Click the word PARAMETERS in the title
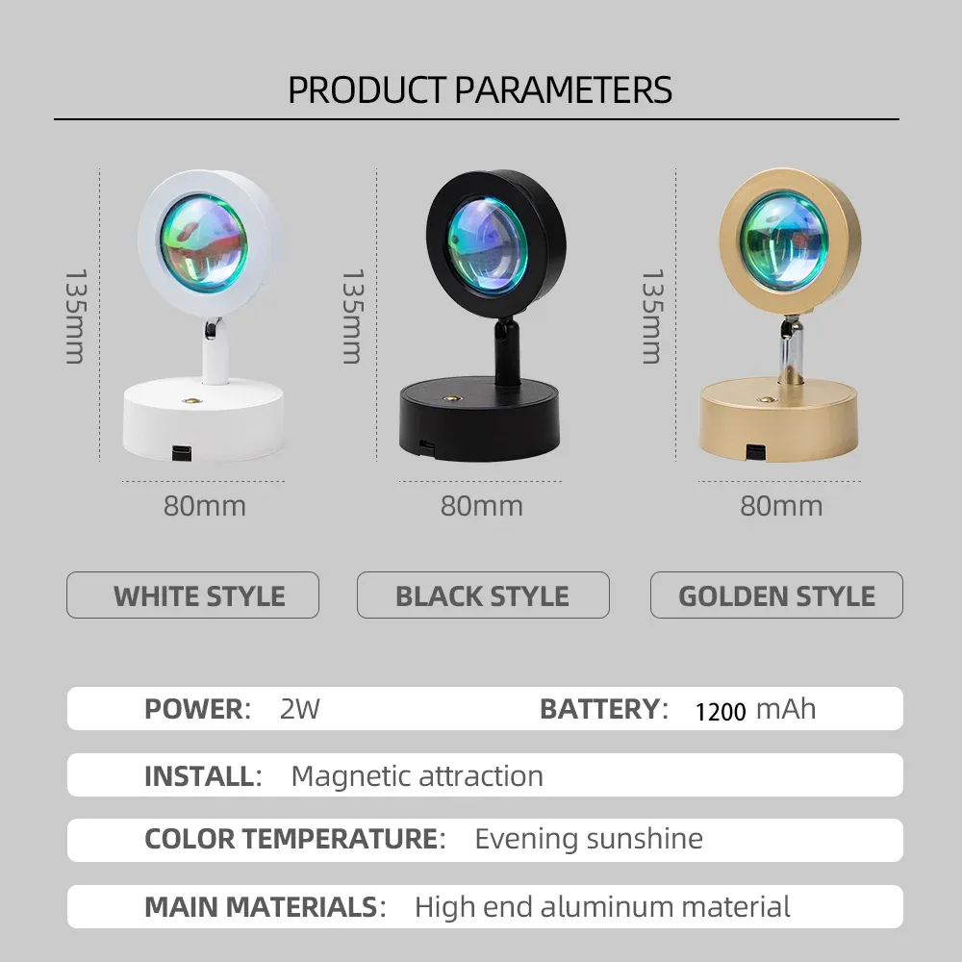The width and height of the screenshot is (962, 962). pyautogui.click(x=563, y=90)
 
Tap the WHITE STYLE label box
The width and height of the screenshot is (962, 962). pyautogui.click(x=192, y=595)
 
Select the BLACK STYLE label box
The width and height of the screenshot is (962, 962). pyautogui.click(x=483, y=595)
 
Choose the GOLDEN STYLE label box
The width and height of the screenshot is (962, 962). pyautogui.click(x=776, y=595)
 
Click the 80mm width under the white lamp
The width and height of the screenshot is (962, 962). pyautogui.click(x=205, y=506)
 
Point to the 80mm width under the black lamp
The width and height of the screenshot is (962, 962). pyautogui.click(x=482, y=506)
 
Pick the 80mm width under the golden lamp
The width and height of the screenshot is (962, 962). pyautogui.click(x=781, y=506)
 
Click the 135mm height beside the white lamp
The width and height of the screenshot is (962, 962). pyautogui.click(x=75, y=316)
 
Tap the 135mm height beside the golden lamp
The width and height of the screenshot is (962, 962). pyautogui.click(x=651, y=316)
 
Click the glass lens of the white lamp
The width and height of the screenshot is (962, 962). pyautogui.click(x=204, y=243)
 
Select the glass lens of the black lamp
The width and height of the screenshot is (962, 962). pyautogui.click(x=487, y=244)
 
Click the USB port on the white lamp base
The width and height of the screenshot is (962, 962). pyautogui.click(x=181, y=452)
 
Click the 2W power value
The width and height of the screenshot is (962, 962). pyautogui.click(x=300, y=709)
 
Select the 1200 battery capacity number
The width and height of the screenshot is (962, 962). pyautogui.click(x=721, y=712)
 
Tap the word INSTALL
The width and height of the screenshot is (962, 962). pyautogui.click(x=199, y=776)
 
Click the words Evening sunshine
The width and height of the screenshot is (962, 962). pyautogui.click(x=589, y=839)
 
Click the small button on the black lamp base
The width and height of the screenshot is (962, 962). pyautogui.click(x=453, y=399)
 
